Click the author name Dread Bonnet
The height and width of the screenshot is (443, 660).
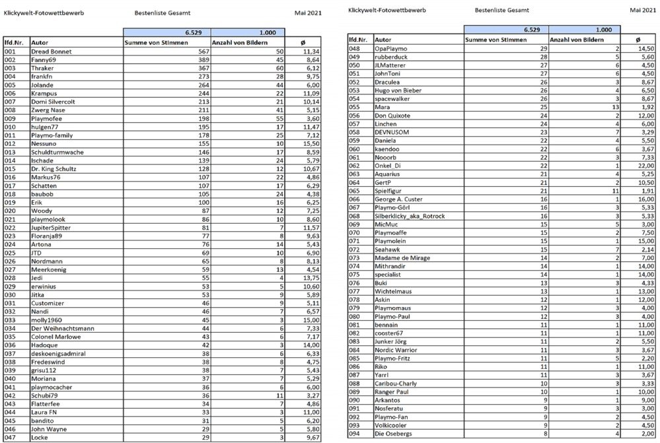click(x=51, y=51)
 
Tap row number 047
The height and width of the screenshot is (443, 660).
click(x=11, y=437)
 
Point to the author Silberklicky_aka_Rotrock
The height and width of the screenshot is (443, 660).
click(x=410, y=216)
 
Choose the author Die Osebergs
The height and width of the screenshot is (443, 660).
click(x=394, y=433)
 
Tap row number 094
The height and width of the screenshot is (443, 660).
click(x=355, y=433)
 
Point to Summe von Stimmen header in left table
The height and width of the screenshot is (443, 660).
click(x=157, y=42)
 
